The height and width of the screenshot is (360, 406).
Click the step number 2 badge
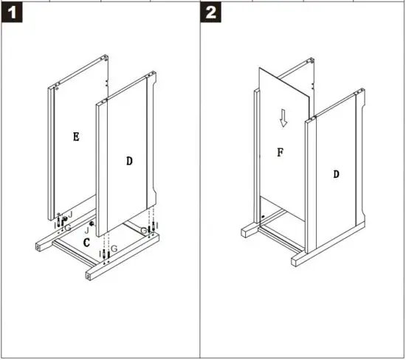tap(212, 13)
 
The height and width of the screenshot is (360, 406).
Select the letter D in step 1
tap(129, 161)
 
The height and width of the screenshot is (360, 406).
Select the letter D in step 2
tap(336, 174)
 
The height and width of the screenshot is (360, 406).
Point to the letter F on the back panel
tap(280, 153)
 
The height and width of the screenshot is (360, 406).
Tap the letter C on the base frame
tap(86, 242)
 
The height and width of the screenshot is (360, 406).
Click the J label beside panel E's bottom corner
tap(69, 214)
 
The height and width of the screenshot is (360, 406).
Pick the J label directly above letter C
tap(86, 229)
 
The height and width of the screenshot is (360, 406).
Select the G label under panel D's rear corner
tap(145, 230)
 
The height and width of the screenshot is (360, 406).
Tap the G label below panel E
tap(67, 228)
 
